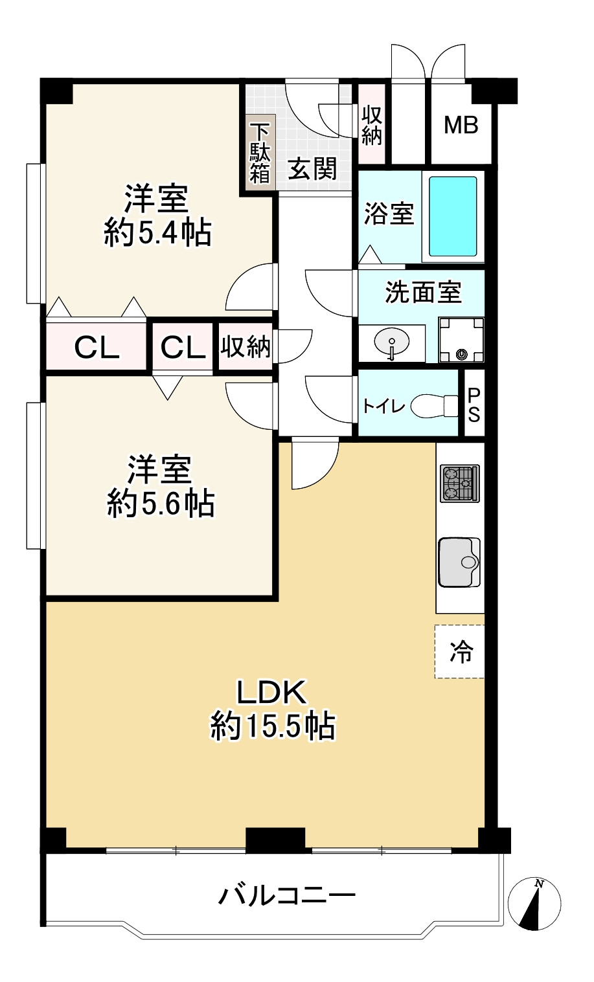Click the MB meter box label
[x=461, y=124]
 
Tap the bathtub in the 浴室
[x=453, y=216]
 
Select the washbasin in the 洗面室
[x=391, y=341]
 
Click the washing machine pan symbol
[x=461, y=340]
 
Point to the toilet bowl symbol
[x=434, y=405]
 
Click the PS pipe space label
[x=474, y=405]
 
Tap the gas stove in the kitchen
[x=460, y=483]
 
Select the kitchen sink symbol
[x=459, y=562]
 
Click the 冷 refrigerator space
[x=461, y=652]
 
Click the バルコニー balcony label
[x=287, y=896]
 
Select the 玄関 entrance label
[x=313, y=169]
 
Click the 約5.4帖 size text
[x=157, y=232]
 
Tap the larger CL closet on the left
[x=97, y=348]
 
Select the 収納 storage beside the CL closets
[x=246, y=347]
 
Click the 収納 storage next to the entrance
[x=372, y=125]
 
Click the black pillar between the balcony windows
[x=275, y=840]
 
